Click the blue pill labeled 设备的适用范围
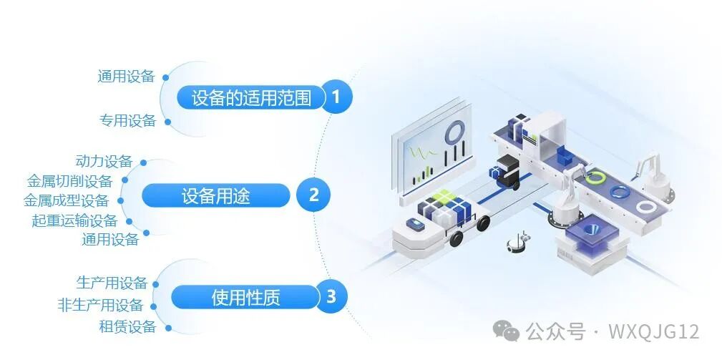coord(251,98)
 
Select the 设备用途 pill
coord(215,195)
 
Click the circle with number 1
coord(336,97)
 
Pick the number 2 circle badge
coord(313,195)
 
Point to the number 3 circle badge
coord(331,296)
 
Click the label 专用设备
coord(127,121)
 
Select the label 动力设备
coord(104,161)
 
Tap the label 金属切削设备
coord(69,181)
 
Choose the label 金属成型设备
coord(66,200)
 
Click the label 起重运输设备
coord(74,220)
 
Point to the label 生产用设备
coord(112,283)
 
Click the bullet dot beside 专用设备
coord(167,121)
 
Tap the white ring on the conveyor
coord(647,206)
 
